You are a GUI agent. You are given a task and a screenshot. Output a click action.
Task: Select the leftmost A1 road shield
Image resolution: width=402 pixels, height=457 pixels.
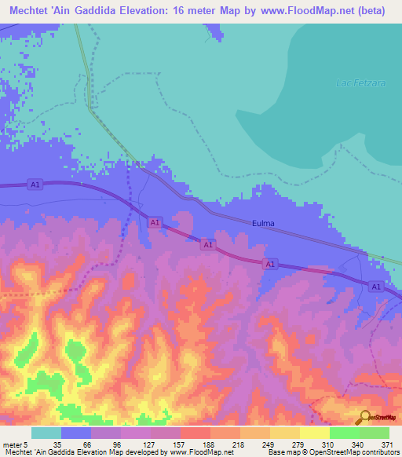34,185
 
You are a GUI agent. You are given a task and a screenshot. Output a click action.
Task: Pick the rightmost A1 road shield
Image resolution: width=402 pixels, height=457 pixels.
376,288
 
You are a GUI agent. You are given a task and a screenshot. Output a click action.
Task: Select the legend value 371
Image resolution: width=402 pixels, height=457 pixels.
386,444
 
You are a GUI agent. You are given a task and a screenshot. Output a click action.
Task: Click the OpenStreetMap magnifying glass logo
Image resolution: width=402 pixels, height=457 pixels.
364,417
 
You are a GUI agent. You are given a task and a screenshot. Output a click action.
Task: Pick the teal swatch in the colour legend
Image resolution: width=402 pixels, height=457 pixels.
46,433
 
